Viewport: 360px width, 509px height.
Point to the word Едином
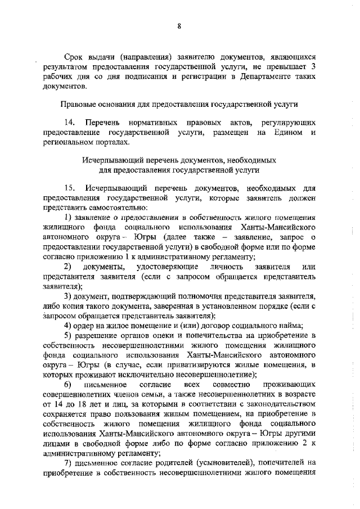click(288, 132)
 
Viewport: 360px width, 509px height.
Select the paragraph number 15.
click(70, 187)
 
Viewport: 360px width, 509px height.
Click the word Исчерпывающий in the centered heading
click(114, 160)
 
